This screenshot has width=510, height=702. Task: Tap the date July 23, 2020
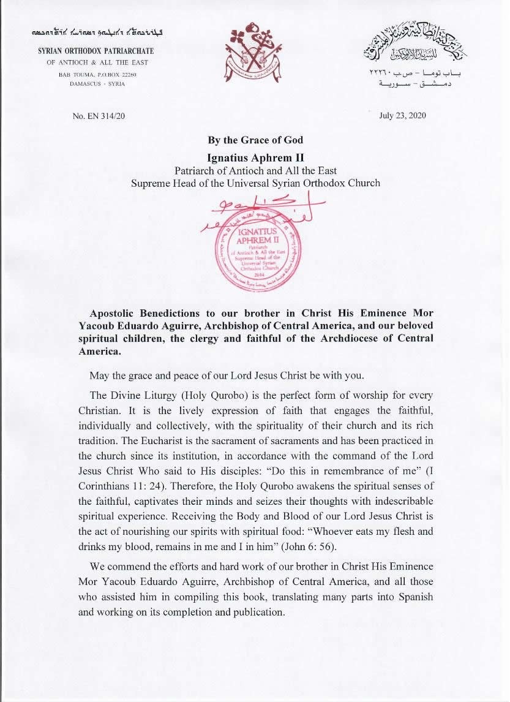(x=402, y=115)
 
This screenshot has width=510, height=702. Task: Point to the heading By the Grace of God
(x=255, y=140)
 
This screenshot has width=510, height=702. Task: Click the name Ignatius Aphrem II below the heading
(x=255, y=157)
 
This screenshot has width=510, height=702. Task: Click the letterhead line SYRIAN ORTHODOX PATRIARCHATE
(x=96, y=51)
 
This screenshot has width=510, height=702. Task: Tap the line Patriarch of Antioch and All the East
(x=255, y=170)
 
